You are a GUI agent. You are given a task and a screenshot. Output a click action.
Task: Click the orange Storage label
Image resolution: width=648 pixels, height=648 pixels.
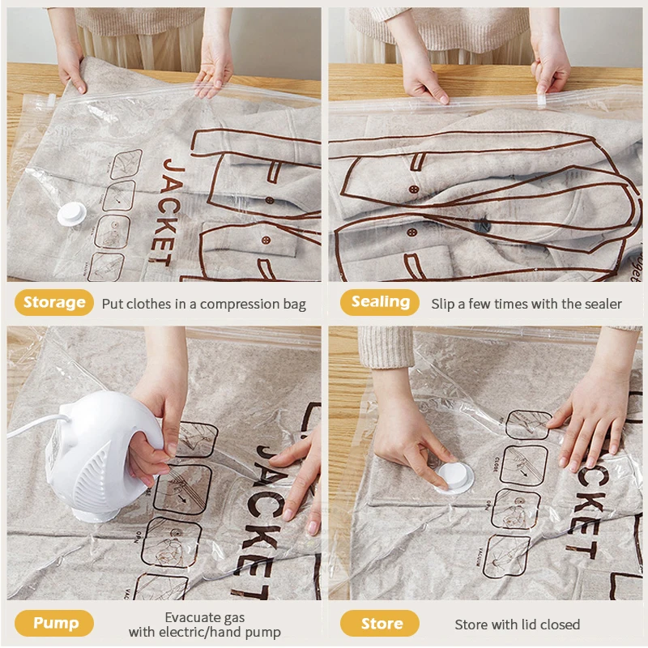pyautogui.click(x=54, y=302)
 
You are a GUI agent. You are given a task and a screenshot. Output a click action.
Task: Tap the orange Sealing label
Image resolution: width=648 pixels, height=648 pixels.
pyautogui.click(x=380, y=302)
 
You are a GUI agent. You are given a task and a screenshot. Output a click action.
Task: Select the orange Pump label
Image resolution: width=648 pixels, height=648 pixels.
pyautogui.click(x=55, y=623)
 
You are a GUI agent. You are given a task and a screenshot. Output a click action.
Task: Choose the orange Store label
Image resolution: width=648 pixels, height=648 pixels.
pyautogui.click(x=381, y=623)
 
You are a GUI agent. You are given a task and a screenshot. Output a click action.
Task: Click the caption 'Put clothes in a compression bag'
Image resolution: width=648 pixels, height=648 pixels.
pyautogui.click(x=203, y=305)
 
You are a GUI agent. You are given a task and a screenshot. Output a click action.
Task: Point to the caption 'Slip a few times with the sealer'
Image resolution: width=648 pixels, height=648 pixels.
pyautogui.click(x=526, y=304)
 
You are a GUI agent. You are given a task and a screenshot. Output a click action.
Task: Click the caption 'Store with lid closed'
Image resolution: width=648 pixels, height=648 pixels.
pyautogui.click(x=517, y=625)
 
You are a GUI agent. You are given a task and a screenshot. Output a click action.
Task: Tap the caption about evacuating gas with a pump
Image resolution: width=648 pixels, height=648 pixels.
pyautogui.click(x=204, y=625)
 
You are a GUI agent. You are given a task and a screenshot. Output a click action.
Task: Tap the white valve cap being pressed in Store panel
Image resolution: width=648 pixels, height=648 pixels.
pyautogui.click(x=454, y=478)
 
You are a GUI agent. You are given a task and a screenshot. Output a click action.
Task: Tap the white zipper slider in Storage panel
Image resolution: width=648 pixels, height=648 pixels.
pyautogui.click(x=50, y=100)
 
